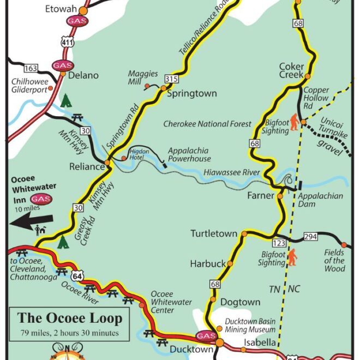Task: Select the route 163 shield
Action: [31, 68]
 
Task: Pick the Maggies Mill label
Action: [143, 77]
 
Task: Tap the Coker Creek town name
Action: [291, 70]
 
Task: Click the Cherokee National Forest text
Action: [207, 124]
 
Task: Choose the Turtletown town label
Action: [214, 233]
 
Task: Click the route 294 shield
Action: [310, 237]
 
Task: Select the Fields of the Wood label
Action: [334, 260]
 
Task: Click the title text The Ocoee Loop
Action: [70, 318]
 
